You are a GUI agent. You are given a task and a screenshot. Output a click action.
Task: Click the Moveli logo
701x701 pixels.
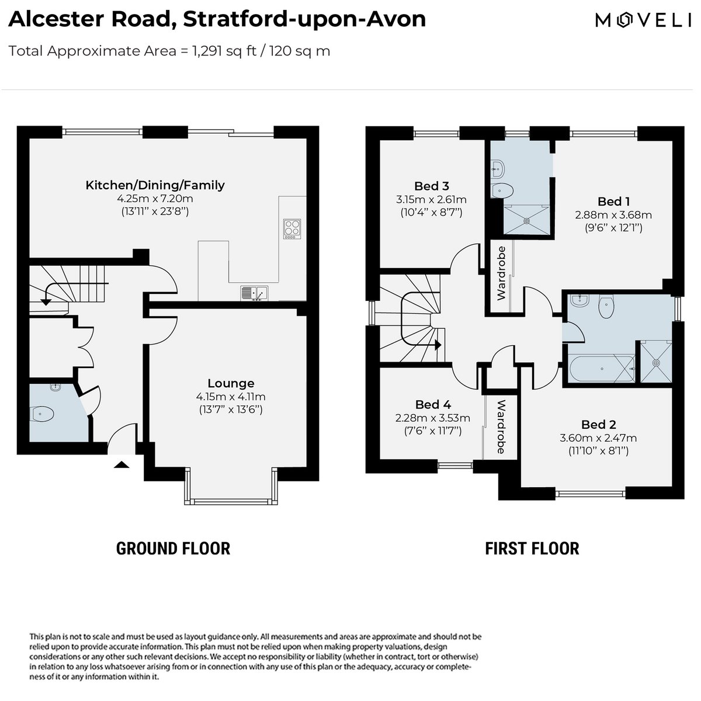pos(643,20)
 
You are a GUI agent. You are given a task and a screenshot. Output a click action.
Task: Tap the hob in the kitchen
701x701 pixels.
pos(292,229)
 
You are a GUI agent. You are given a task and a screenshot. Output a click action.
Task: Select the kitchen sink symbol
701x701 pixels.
pos(254,293)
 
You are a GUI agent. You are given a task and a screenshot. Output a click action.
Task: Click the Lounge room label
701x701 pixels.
pos(231,383)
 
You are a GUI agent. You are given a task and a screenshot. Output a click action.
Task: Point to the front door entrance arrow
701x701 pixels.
pos(122,464)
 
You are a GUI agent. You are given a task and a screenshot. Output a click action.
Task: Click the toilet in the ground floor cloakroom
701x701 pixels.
pos(42,414)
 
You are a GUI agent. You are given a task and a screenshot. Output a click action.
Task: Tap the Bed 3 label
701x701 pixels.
pos(432,186)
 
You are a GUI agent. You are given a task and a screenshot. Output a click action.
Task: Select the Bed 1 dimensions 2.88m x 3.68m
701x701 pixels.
pos(613,214)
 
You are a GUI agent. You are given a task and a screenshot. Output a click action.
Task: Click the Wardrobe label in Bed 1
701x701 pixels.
pos(501,273)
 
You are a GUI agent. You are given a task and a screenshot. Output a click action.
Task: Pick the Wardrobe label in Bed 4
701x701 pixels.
pos(501,426)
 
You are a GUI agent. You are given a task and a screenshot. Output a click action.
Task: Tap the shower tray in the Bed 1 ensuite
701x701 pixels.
pos(526,220)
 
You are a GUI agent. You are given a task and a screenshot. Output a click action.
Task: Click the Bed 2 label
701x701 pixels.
pos(598,425)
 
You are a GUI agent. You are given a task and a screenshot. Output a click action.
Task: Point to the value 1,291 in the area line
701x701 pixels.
pos(207,51)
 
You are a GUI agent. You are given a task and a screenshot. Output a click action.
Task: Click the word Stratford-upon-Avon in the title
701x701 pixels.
pos(304,19)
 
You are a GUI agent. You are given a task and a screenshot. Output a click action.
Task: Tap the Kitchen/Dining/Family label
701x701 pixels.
pos(155,185)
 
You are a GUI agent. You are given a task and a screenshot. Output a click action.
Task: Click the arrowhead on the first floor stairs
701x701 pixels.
pos(438,345)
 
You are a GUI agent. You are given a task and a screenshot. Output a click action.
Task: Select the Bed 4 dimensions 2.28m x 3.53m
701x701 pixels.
pos(432,418)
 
